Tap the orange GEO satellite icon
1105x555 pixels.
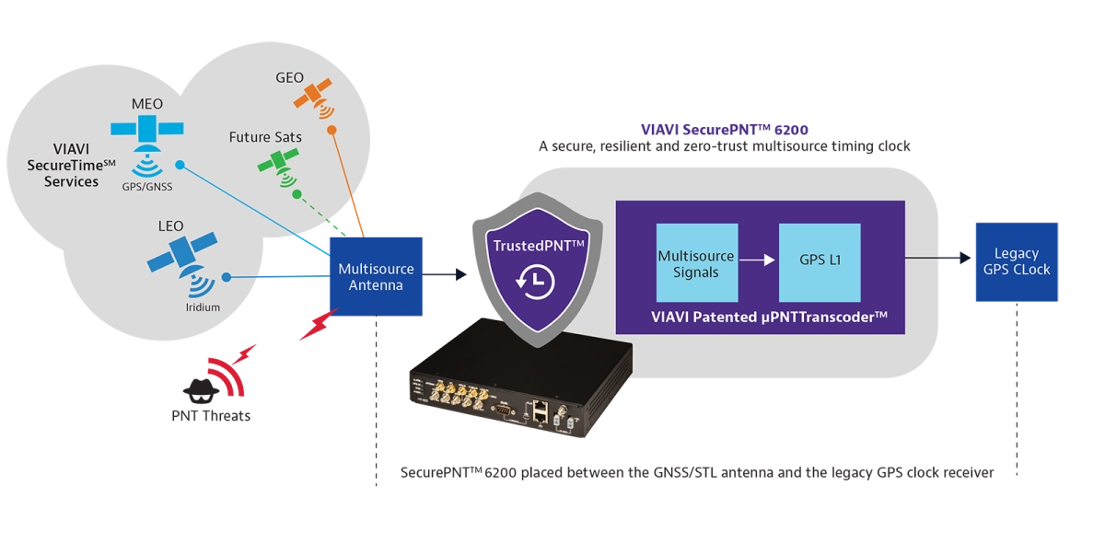pyautogui.click(x=315, y=98)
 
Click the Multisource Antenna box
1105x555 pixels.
pyautogui.click(x=376, y=276)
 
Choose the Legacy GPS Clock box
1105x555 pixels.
pyautogui.click(x=1017, y=261)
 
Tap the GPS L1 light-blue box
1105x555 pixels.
pyautogui.click(x=820, y=262)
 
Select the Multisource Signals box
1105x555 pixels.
pyautogui.click(x=697, y=262)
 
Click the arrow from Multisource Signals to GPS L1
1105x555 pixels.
pyautogui.click(x=757, y=260)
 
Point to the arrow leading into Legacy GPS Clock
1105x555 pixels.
pyautogui.click(x=938, y=258)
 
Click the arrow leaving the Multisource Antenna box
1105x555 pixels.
pyautogui.click(x=445, y=274)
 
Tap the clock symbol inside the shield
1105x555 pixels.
pyautogui.click(x=536, y=282)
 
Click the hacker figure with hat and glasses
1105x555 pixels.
pyautogui.click(x=201, y=391)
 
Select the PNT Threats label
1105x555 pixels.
pyautogui.click(x=211, y=416)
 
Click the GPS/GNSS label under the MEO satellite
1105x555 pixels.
pyautogui.click(x=147, y=187)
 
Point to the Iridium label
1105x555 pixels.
pyautogui.click(x=203, y=307)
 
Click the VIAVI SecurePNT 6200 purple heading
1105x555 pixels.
pyautogui.click(x=724, y=130)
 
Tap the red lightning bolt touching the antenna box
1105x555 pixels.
pyautogui.click(x=320, y=324)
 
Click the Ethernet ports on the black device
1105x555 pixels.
pyautogui.click(x=541, y=411)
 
